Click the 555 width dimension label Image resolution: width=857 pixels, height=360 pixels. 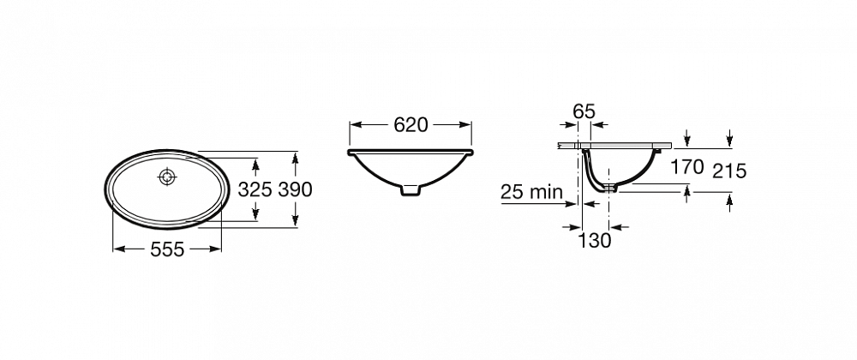167,249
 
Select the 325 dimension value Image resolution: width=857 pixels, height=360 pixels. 255,189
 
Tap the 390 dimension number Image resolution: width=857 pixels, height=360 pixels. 295,189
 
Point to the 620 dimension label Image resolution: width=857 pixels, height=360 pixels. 411,125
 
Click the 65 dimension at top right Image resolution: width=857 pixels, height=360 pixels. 584,111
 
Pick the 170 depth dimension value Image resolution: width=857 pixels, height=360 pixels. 687,166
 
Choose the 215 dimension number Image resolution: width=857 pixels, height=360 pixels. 729,171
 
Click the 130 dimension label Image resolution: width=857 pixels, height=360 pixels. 595,240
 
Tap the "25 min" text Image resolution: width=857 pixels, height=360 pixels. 531,192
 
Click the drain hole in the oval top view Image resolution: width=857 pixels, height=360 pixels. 166,177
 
